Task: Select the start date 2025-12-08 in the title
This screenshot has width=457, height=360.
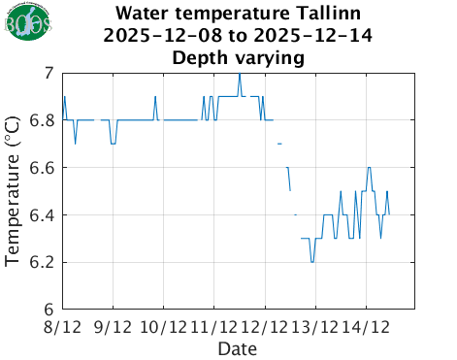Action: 158,36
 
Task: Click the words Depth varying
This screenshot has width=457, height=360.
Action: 238,57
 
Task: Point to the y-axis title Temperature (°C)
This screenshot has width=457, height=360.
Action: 14,191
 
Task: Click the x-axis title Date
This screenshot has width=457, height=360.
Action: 238,347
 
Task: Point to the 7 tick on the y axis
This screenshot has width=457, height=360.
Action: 49,73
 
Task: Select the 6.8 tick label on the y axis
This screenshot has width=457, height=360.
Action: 43,120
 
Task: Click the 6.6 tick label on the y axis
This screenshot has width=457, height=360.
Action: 43,168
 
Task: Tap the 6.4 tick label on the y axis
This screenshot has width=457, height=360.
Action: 43,215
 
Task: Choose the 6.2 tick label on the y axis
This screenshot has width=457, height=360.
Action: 43,263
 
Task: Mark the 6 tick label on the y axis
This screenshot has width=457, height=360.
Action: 49,310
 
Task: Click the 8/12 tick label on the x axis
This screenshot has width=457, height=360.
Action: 63,326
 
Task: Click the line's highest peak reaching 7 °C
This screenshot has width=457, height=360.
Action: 240,74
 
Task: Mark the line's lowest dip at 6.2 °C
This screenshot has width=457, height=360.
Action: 311,261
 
